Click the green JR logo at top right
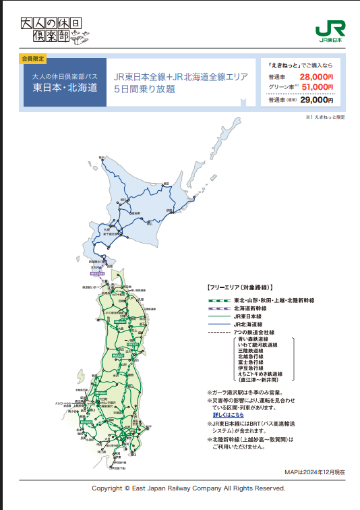pyautogui.click(x=330, y=30)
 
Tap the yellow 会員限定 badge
pyautogui.click(x=34, y=59)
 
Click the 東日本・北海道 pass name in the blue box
pyautogui.click(x=65, y=88)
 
